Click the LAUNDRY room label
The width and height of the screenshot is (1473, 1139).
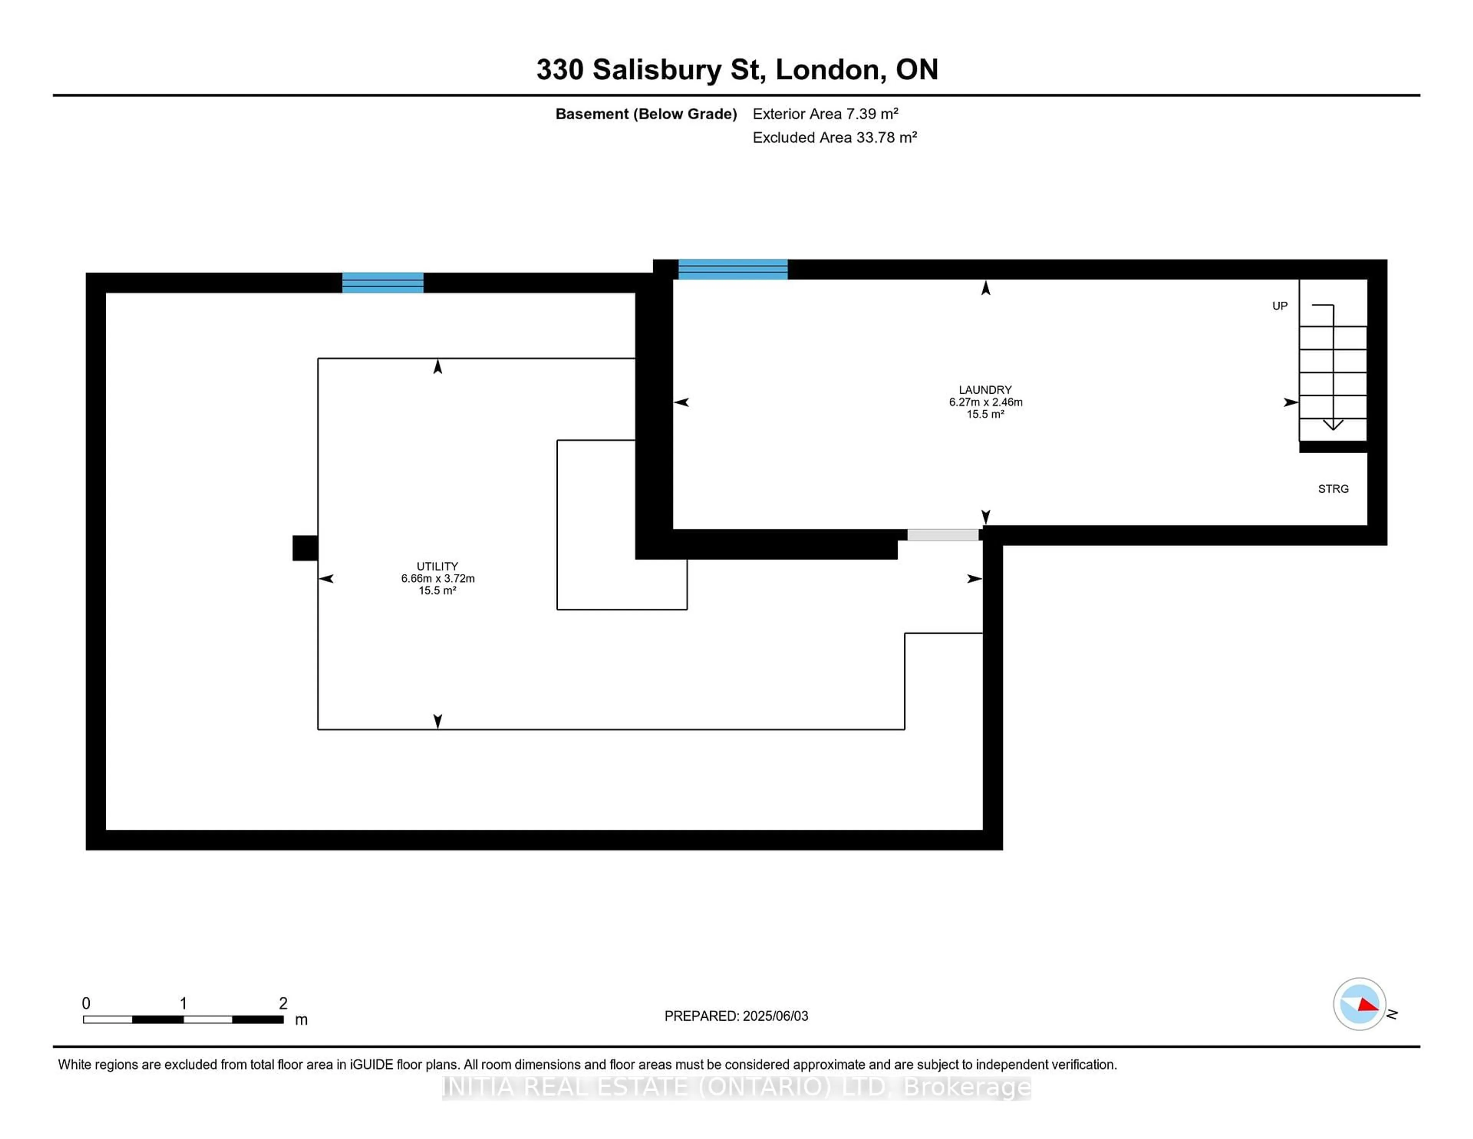(x=985, y=390)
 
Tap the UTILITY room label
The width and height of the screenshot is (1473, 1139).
(x=437, y=566)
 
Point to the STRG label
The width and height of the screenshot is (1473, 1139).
(x=1333, y=489)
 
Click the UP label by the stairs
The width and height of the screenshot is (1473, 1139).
(x=1279, y=306)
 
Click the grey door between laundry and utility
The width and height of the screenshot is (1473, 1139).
(x=942, y=535)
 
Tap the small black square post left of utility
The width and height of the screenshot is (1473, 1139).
(x=305, y=548)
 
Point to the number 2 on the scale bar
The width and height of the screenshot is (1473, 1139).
(x=283, y=1004)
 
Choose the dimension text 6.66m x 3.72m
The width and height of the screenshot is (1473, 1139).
(x=437, y=578)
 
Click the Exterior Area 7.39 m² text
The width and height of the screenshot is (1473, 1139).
(x=825, y=114)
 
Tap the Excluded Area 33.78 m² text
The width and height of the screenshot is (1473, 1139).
(x=834, y=138)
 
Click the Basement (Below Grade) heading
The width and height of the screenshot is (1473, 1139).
(x=646, y=114)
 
